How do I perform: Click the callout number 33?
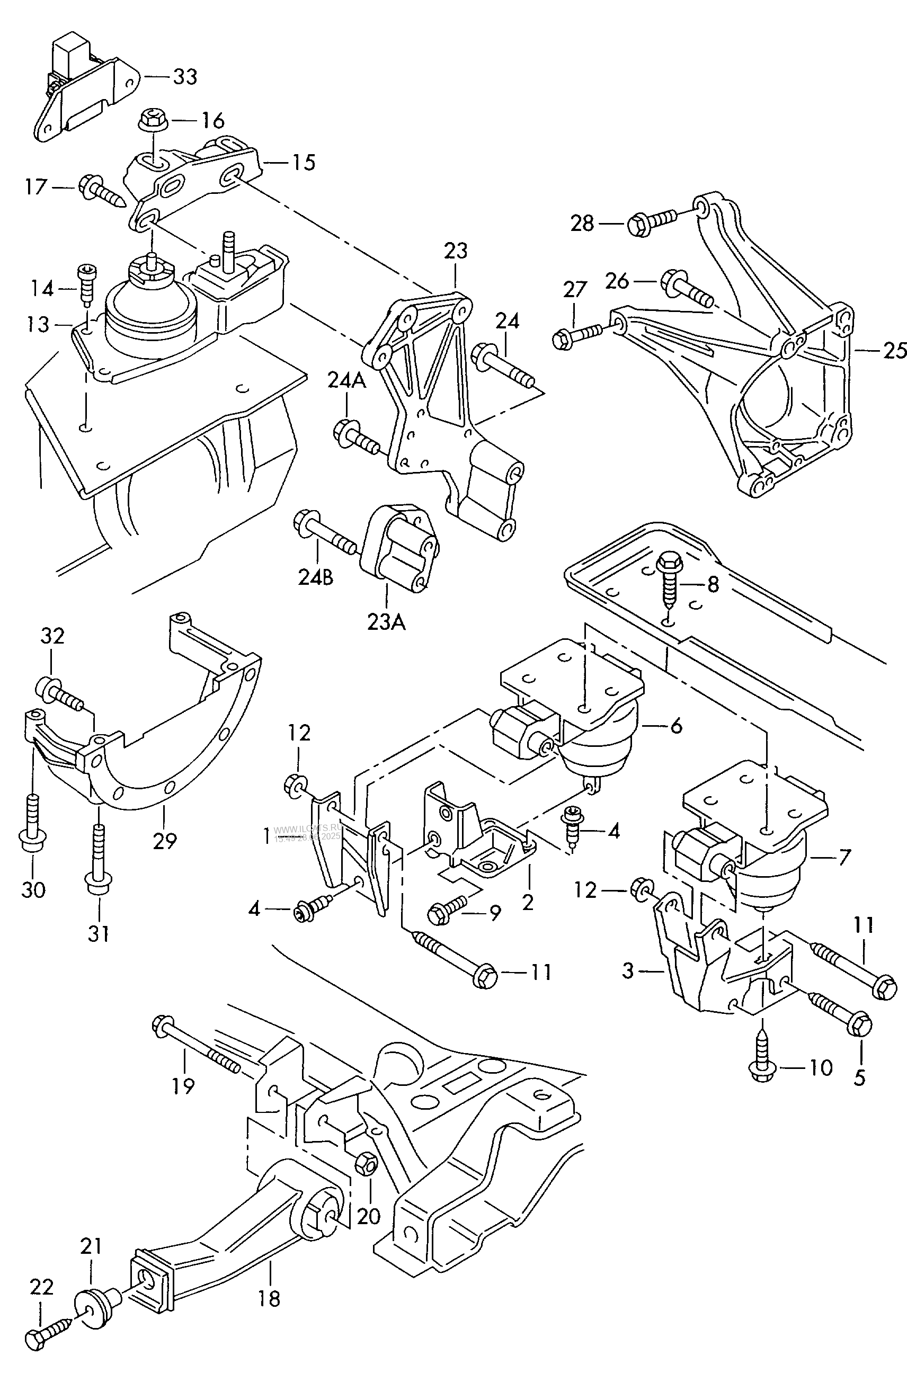click(185, 77)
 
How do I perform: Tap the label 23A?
click(386, 622)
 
